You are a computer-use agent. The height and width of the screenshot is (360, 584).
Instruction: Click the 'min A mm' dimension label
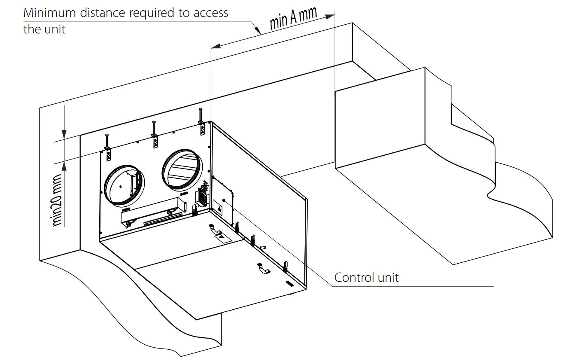tap(293, 18)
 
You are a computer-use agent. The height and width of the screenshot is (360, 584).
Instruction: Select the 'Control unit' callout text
tap(366, 277)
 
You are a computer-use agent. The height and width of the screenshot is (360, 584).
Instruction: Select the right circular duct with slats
tap(182, 169)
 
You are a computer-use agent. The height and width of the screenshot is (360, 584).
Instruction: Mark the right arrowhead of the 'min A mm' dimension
tap(330, 16)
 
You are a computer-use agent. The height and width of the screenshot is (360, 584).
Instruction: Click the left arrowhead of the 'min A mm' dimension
tap(216, 46)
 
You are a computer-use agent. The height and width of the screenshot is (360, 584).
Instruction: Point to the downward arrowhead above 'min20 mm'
tap(64, 134)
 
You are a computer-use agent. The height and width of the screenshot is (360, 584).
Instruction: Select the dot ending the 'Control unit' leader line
tap(224, 200)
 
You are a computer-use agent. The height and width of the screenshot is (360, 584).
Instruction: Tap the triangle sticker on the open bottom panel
tap(221, 236)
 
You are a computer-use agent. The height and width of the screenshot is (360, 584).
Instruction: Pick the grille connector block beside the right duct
tap(202, 196)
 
